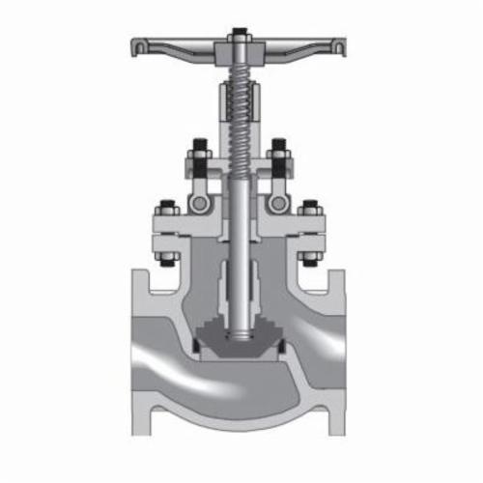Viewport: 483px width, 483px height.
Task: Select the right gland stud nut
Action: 279,151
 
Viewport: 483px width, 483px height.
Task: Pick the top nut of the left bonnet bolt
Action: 166,210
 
